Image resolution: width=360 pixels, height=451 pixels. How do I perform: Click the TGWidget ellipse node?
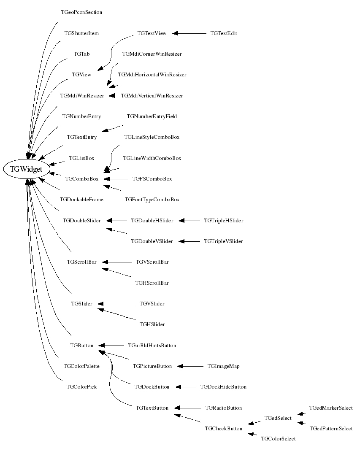[x=26, y=169]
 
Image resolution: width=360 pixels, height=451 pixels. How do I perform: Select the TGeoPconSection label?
[x=81, y=12]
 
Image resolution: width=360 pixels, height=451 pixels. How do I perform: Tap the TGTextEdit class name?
[x=223, y=33]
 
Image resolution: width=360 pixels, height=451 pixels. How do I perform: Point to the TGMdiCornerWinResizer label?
[x=152, y=54]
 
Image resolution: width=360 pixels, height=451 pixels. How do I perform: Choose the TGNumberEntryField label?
[x=152, y=116]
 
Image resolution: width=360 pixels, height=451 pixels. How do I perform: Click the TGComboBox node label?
[x=82, y=179]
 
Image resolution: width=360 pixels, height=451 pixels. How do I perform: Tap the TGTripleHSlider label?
[x=223, y=221]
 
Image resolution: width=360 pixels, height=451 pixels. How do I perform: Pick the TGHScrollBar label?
[x=152, y=283]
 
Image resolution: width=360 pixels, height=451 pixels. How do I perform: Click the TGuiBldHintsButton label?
[x=152, y=346]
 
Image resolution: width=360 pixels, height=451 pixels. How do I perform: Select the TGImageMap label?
[x=223, y=366]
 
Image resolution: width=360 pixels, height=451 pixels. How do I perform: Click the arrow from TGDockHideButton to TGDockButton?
[x=186, y=387]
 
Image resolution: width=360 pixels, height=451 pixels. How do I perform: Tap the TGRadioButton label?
[x=223, y=408]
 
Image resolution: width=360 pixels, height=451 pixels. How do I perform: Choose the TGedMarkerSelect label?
[x=330, y=408]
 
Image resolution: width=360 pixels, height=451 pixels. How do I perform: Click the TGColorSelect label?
[x=278, y=439]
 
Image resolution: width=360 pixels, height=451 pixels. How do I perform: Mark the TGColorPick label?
[x=82, y=387]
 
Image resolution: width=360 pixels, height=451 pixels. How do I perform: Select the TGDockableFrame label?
[x=82, y=200]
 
